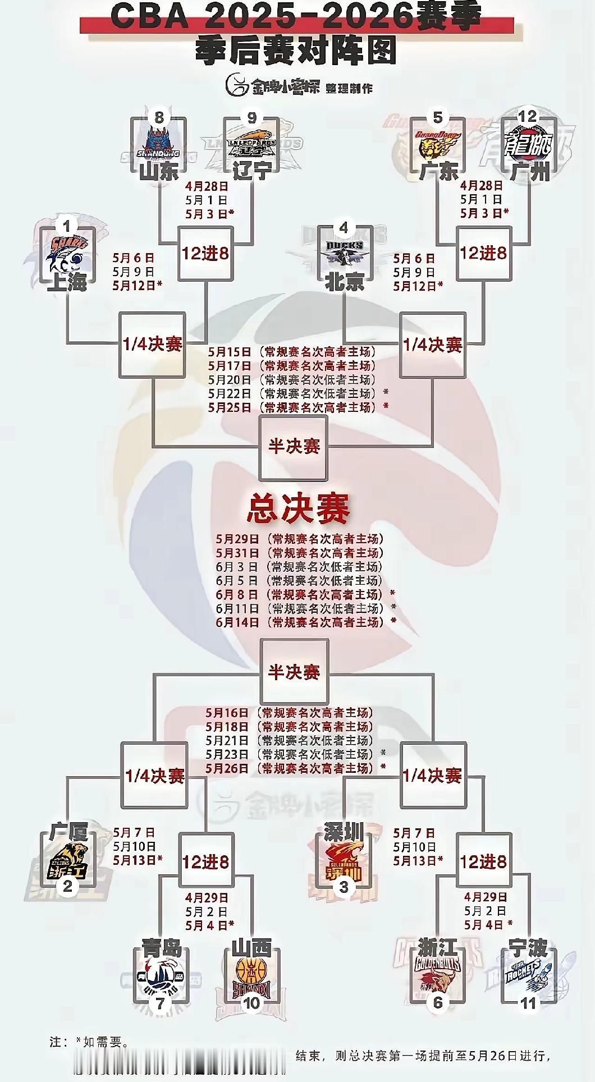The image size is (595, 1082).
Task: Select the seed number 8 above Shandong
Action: pyautogui.click(x=159, y=117)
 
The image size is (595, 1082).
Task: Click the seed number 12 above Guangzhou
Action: pyautogui.click(x=528, y=117)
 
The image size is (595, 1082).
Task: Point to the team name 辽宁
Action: pyautogui.click(x=251, y=170)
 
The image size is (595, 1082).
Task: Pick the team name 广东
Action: pyautogui.click(x=438, y=171)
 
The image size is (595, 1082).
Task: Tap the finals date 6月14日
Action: pyautogui.click(x=237, y=622)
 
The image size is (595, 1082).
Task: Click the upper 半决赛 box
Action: pyautogui.click(x=294, y=447)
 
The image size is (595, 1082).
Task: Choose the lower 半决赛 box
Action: pyautogui.click(x=294, y=672)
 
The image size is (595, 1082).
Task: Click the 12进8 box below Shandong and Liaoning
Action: pyautogui.click(x=205, y=254)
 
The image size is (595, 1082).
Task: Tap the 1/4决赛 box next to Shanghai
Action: pyautogui.click(x=153, y=344)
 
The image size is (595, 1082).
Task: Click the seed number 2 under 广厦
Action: pyautogui.click(x=67, y=887)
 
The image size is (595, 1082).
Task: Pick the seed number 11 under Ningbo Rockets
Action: pyautogui.click(x=529, y=1003)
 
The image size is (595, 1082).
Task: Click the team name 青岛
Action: pyautogui.click(x=162, y=949)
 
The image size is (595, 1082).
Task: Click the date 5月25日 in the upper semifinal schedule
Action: pyautogui.click(x=230, y=407)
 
